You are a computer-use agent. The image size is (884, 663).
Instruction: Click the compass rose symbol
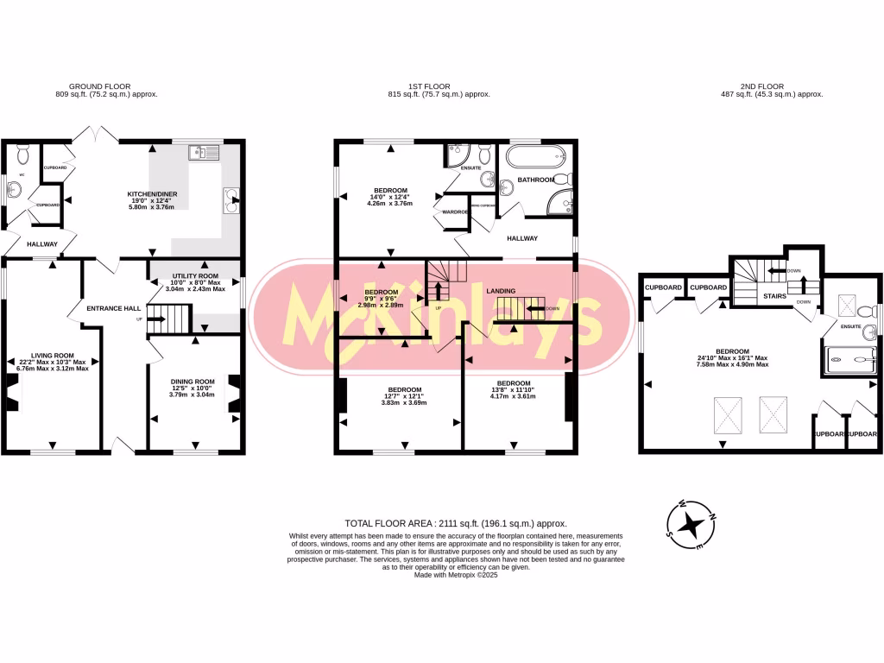(x=691, y=524)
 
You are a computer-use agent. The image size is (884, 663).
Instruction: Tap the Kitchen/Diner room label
(x=153, y=194)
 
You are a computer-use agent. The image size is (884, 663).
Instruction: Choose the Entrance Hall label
(x=114, y=307)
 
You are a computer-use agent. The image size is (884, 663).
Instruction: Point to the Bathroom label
(x=535, y=180)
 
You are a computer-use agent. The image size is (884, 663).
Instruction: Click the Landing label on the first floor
(x=501, y=291)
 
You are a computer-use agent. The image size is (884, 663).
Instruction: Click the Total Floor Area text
(x=455, y=523)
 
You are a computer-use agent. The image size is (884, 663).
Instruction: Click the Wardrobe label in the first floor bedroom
(x=455, y=212)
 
